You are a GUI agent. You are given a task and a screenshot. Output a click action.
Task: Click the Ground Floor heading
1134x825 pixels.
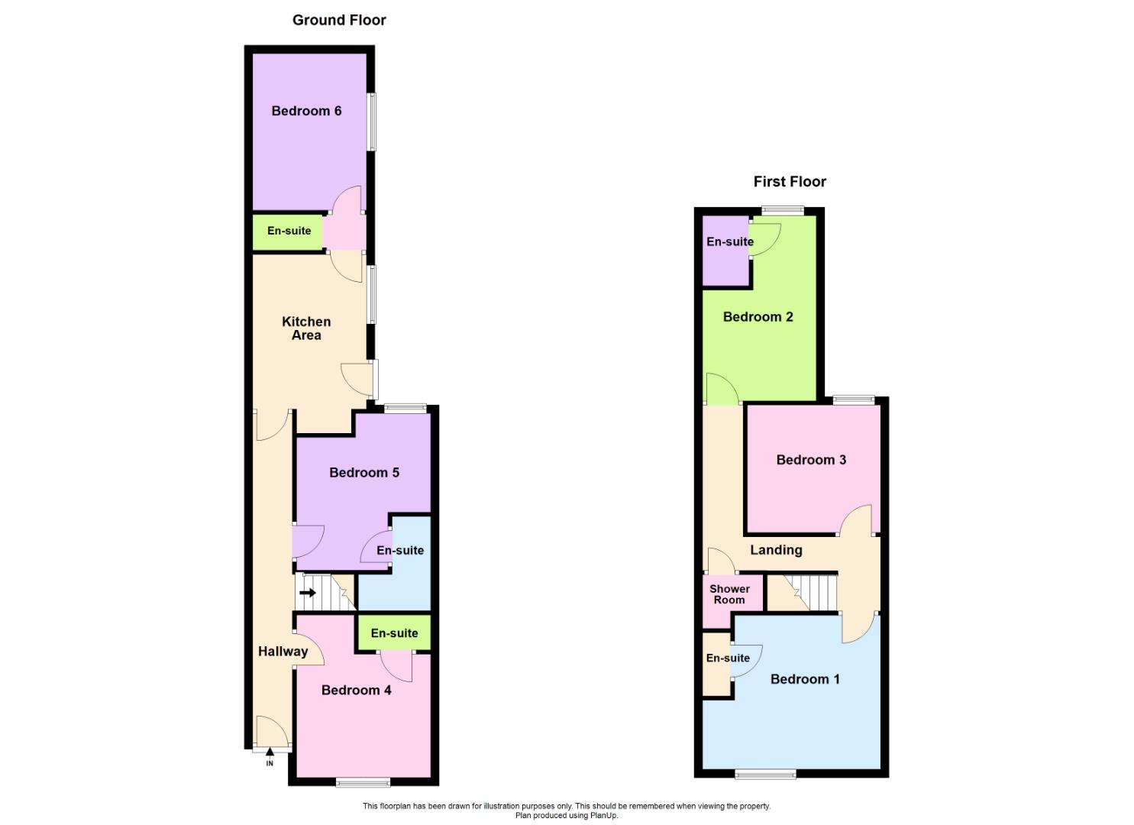339,21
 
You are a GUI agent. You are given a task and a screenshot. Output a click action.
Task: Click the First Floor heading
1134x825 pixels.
790,182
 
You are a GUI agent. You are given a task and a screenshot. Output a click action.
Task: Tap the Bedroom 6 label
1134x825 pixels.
306,111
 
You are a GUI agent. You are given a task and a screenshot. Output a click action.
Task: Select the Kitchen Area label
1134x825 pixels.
306,328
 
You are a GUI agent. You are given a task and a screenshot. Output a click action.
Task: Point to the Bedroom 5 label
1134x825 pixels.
364,473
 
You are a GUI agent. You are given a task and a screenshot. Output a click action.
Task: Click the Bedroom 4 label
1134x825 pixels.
356,691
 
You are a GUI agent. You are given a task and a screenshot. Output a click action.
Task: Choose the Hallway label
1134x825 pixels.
283,652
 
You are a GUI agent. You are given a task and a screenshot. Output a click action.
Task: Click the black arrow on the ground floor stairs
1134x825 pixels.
308,592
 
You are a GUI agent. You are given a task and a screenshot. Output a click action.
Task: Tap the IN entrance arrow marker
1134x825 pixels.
270,753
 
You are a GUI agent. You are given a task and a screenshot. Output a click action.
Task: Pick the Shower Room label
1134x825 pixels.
729,594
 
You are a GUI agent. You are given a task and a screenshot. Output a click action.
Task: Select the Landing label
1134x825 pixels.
776,550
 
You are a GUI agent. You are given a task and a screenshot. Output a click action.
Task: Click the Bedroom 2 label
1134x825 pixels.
758,317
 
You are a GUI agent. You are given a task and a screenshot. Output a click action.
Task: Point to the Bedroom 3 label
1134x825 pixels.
811,460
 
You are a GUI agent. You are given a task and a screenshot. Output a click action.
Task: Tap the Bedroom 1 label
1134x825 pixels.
805,679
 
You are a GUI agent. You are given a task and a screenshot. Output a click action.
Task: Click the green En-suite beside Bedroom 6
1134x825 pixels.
289,231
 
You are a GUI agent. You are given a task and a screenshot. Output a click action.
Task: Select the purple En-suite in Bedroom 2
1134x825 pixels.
729,242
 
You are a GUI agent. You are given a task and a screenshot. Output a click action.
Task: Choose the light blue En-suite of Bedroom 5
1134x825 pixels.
400,551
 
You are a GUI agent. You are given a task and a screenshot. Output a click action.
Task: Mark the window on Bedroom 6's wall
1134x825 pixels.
372,122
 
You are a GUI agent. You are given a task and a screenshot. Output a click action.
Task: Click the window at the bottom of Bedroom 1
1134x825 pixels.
765,775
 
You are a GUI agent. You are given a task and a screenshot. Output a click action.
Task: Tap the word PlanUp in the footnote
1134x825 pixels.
603,816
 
